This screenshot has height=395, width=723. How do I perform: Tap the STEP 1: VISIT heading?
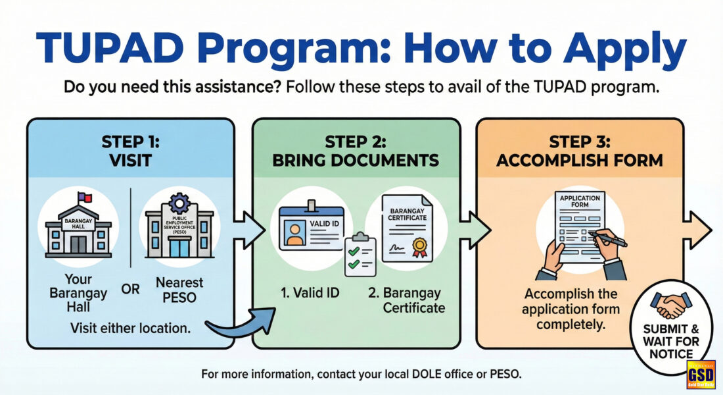click(x=130, y=151)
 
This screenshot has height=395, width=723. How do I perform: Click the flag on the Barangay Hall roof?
click(x=85, y=198)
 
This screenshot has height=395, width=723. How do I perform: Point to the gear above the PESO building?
click(x=179, y=203)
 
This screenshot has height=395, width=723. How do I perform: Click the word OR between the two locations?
click(x=130, y=289)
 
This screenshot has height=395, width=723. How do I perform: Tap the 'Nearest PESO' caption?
click(x=179, y=290)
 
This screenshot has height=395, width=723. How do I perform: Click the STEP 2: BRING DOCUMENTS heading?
click(x=356, y=151)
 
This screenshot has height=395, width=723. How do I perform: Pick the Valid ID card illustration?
click(x=312, y=226)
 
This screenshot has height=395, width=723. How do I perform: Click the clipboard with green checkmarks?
click(x=360, y=255)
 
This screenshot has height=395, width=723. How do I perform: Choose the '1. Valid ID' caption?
click(x=310, y=292)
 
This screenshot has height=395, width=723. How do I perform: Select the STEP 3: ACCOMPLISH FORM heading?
click(x=580, y=151)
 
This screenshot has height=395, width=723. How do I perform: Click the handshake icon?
click(x=671, y=305)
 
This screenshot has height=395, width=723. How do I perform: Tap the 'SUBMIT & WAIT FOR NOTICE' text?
click(x=671, y=342)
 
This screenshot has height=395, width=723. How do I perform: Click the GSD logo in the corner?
click(x=701, y=374)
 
